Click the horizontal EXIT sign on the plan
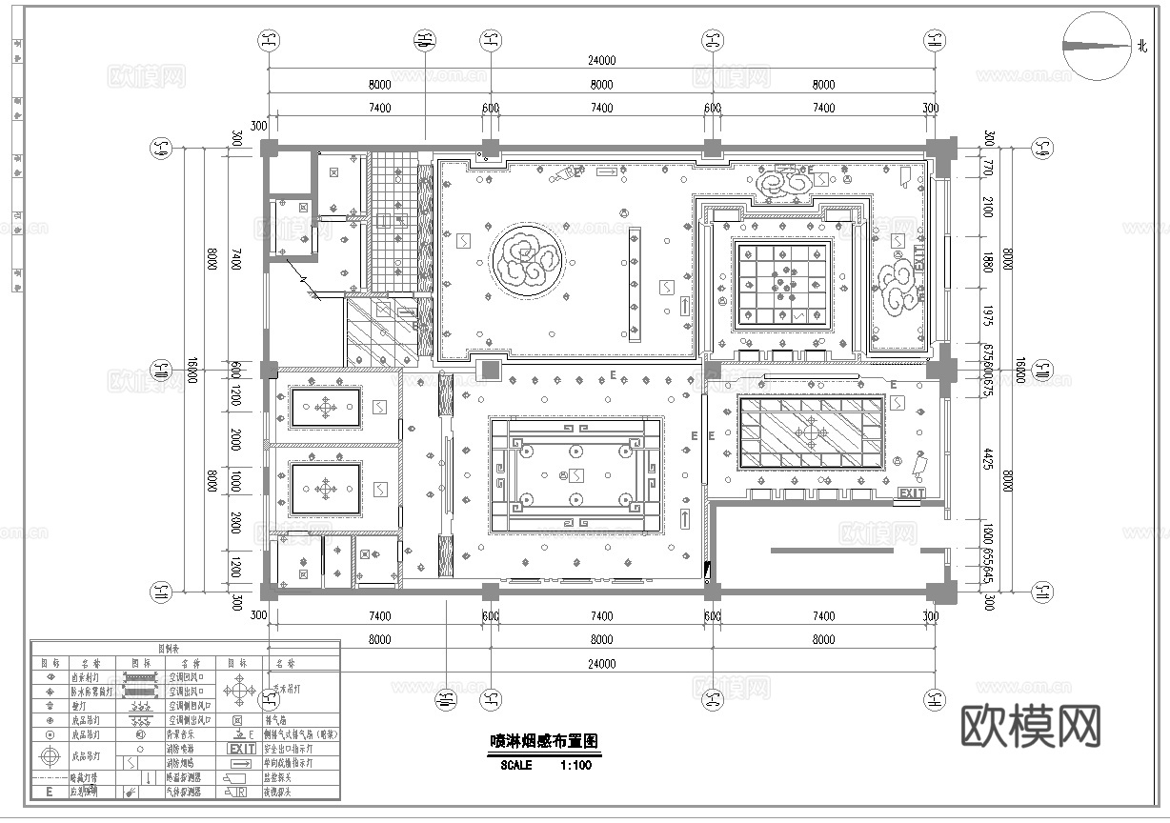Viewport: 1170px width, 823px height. click(911, 493)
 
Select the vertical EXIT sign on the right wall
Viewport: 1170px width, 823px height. click(918, 261)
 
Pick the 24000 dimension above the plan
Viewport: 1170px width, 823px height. click(601, 60)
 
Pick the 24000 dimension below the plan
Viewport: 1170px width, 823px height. click(601, 664)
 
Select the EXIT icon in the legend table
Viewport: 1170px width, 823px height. click(241, 749)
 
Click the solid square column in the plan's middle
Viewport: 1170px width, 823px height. click(489, 371)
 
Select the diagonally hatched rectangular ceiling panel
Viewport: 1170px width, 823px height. click(810, 432)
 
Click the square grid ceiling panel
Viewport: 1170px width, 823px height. click(781, 284)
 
